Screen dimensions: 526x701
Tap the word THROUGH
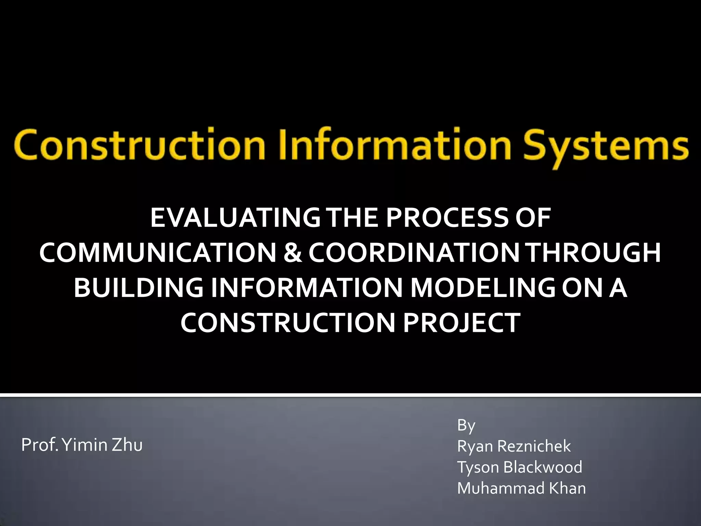point(594,253)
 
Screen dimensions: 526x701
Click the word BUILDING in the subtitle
point(139,288)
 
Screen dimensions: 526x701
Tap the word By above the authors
point(466,425)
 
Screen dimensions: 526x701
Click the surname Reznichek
point(534,446)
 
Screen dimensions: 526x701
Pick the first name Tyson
point(478,467)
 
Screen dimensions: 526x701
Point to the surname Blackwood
point(543,467)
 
